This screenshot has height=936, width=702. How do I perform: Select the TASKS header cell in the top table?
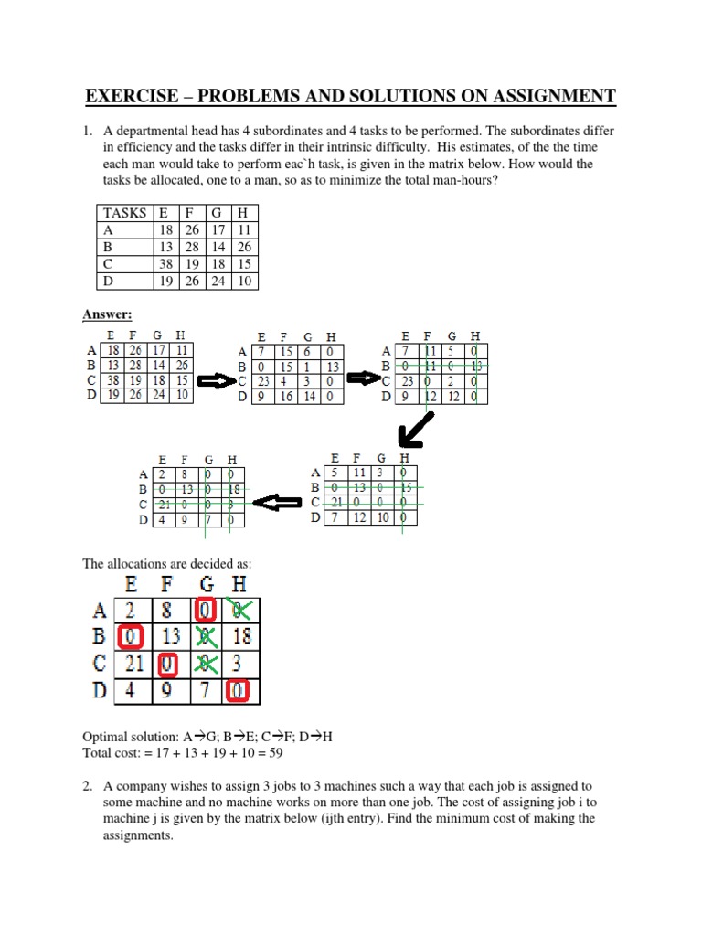pos(124,212)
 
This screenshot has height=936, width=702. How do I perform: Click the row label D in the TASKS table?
pos(107,281)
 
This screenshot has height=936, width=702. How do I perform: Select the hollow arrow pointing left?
pos(276,502)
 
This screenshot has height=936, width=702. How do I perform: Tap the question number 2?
pos(89,785)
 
